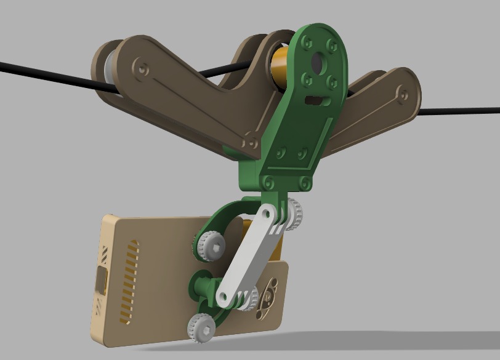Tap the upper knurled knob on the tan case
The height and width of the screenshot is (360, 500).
210,246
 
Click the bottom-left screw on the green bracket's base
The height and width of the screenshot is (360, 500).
268,182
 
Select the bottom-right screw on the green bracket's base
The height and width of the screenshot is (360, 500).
304,182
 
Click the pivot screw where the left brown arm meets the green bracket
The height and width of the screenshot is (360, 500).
251,142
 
